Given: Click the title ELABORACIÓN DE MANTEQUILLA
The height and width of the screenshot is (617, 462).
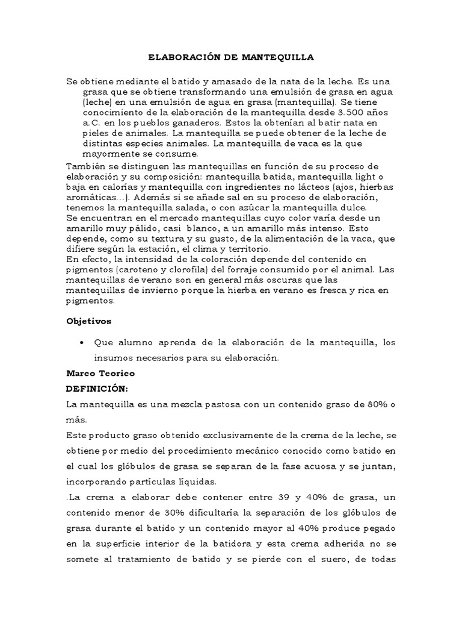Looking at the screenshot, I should (x=231, y=58).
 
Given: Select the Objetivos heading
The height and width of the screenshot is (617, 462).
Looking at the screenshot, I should (x=88, y=321).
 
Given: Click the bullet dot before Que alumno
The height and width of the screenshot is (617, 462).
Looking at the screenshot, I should (x=81, y=343).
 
